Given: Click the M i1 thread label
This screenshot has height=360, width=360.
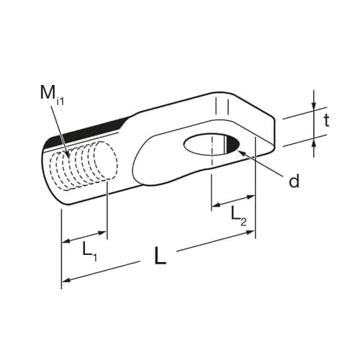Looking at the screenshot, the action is click(x=52, y=95).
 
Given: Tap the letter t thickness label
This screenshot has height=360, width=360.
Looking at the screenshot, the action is click(x=326, y=120).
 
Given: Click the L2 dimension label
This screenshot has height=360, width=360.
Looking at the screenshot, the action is click(x=238, y=217).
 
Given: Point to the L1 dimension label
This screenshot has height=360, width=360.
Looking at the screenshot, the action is click(x=90, y=251).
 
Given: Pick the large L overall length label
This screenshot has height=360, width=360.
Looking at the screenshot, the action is click(x=160, y=256).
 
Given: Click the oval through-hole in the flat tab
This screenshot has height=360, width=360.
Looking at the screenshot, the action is click(x=212, y=145).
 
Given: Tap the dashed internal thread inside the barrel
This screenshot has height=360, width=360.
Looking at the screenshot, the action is click(x=84, y=166).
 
